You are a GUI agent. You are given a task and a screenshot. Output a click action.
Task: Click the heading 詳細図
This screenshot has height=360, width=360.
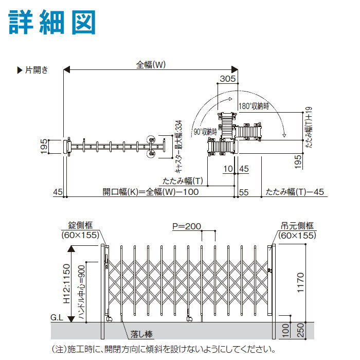click(x=52, y=22)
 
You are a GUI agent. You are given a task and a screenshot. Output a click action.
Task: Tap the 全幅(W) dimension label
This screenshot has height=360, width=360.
click(x=151, y=65)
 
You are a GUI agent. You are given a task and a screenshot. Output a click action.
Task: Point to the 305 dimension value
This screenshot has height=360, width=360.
click(x=228, y=79)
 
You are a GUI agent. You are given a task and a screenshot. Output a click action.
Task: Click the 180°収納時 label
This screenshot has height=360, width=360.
click(x=254, y=106)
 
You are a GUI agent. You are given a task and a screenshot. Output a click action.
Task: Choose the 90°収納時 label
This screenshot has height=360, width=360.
click(x=205, y=132)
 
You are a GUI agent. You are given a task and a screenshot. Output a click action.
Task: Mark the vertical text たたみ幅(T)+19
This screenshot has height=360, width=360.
click(x=309, y=127)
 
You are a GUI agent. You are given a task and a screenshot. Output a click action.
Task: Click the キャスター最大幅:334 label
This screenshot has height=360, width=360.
click(x=178, y=146)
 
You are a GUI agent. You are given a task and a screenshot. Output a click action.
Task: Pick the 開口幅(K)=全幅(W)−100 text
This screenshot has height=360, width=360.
click(x=151, y=192)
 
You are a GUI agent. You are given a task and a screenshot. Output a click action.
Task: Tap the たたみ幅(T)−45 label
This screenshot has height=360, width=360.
click(x=295, y=192)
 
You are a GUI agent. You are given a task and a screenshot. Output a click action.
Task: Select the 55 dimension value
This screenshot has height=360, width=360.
click(x=244, y=192)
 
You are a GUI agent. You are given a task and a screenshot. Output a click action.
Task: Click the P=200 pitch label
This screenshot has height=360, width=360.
click(x=187, y=226)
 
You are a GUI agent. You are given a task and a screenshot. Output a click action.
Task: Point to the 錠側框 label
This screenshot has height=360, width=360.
click(x=80, y=225)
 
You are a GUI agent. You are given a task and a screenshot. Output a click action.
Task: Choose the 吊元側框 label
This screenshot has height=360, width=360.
click(x=297, y=226)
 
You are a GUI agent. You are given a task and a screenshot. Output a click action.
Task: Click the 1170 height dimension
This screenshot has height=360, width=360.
click(x=300, y=283)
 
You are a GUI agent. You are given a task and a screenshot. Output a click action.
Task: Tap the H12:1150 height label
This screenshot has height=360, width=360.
click(x=66, y=283)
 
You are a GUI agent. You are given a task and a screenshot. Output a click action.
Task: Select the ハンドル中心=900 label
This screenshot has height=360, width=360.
click(x=82, y=292)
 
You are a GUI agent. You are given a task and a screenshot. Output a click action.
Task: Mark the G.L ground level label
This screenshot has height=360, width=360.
click(x=57, y=317)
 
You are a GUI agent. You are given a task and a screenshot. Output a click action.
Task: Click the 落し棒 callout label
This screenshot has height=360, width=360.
click(x=141, y=334)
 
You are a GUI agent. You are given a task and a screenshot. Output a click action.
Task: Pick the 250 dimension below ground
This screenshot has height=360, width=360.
click(x=300, y=330)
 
